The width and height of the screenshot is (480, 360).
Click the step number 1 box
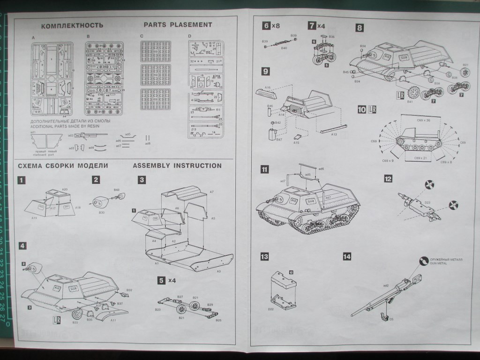[x=22, y=180]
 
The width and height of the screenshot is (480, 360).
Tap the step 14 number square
[x=347, y=256]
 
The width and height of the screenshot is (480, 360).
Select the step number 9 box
[x=266, y=71]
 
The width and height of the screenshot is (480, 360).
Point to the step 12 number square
[x=388, y=179]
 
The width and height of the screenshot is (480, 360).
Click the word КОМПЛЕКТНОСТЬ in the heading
[x=72, y=25]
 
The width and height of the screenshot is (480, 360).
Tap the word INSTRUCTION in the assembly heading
[x=198, y=165]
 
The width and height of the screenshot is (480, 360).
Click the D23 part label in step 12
[x=427, y=202]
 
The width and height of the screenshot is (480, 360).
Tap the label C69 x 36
[x=423, y=120]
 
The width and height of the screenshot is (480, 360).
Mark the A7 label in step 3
[x=212, y=192]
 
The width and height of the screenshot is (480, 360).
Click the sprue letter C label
[x=141, y=36]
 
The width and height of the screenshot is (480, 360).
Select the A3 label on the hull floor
[x=218, y=271]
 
